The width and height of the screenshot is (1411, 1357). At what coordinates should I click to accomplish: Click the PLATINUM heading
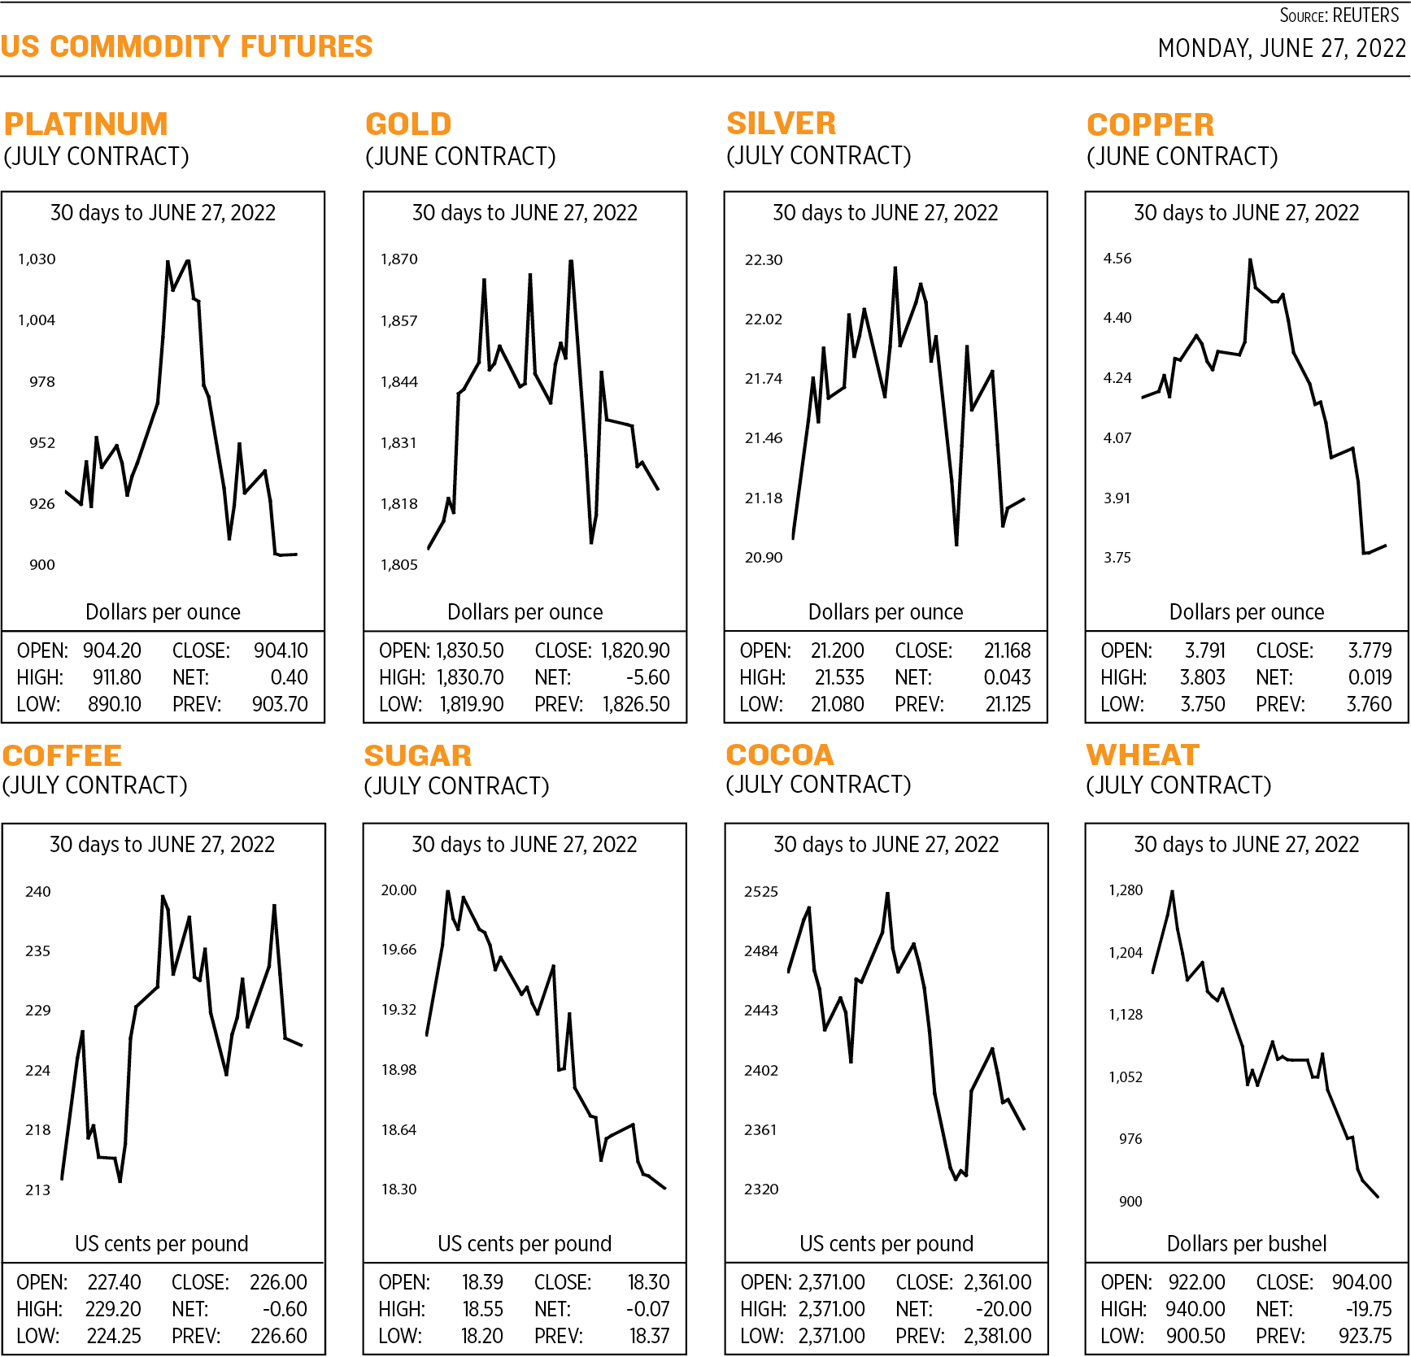pos(85,124)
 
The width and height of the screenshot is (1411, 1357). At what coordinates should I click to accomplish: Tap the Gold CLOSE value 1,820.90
pos(635,650)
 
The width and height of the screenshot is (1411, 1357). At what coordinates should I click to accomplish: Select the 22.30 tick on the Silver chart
pos(763,260)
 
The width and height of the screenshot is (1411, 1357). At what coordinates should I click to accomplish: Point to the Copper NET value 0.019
pos(1370,677)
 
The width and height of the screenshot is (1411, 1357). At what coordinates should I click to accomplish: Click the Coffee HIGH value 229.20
pos(113,1309)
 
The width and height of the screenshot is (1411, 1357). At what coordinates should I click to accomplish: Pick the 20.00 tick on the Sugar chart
pos(398,890)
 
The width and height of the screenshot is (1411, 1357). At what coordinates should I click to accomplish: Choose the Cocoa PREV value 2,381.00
pos(997,1336)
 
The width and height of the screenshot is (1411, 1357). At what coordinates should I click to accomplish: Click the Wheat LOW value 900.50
pos(1195,1336)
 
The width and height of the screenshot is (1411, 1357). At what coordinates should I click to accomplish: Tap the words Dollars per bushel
pos(1246,1243)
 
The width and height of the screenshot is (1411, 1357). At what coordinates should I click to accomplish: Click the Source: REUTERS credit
pos(1339,15)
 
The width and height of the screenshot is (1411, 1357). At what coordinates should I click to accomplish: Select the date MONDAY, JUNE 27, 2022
pos(1282,49)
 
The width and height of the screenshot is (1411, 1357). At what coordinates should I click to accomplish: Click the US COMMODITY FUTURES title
pos(186,46)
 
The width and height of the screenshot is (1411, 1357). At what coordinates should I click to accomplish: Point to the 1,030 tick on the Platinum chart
pos(37,259)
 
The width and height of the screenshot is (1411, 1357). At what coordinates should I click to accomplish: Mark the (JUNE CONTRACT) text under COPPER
pos(1182,156)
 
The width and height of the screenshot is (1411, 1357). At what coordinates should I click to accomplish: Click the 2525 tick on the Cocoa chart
pos(760,892)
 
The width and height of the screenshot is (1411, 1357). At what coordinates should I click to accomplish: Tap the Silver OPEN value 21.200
pos(837,650)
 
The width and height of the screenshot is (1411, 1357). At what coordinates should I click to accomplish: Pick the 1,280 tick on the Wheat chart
pos(1126,890)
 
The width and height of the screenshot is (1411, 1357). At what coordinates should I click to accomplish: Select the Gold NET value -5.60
pos(647,677)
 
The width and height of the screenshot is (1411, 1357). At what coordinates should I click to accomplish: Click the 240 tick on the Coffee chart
pos(37,892)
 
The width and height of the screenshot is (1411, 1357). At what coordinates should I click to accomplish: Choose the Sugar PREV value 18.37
pos(649,1336)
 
